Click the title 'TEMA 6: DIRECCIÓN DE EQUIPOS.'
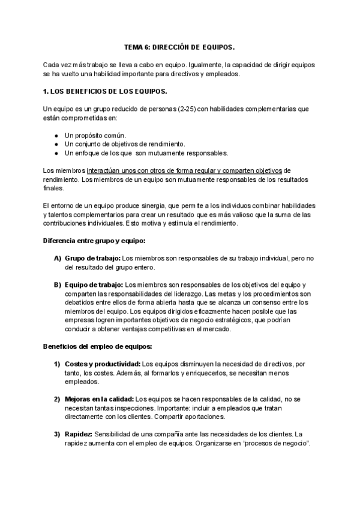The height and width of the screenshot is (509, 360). coord(179,46)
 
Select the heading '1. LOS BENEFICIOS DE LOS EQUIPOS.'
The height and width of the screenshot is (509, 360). coord(105,91)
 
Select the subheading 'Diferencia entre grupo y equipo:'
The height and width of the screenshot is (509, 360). coord(94,240)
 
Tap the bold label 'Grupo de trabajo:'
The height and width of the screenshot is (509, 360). coord(88,258)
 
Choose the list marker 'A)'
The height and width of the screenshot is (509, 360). coord(58,258)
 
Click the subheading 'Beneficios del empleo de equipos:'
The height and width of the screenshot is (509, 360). coord(97,346)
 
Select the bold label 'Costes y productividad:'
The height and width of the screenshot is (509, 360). coord(102,364)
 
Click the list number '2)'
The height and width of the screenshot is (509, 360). coord(58,399)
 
